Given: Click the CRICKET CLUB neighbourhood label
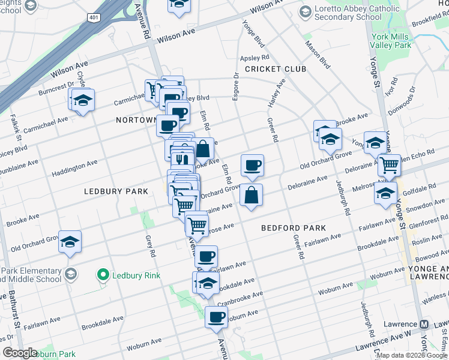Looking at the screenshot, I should tap(276, 69).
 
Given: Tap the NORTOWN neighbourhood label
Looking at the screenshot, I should tap(136, 120).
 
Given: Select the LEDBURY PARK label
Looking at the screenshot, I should tap(116, 191).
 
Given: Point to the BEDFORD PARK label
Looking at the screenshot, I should tap(294, 228).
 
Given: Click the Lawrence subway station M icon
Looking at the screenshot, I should tap(424, 324).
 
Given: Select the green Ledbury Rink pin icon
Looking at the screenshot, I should tap(103, 275).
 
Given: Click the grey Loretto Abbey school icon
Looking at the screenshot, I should tap(305, 12).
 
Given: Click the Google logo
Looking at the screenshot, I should tap(19, 353).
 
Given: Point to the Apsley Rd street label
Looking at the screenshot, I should tap(254, 58).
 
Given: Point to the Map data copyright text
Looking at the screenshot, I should tap(412, 355).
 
